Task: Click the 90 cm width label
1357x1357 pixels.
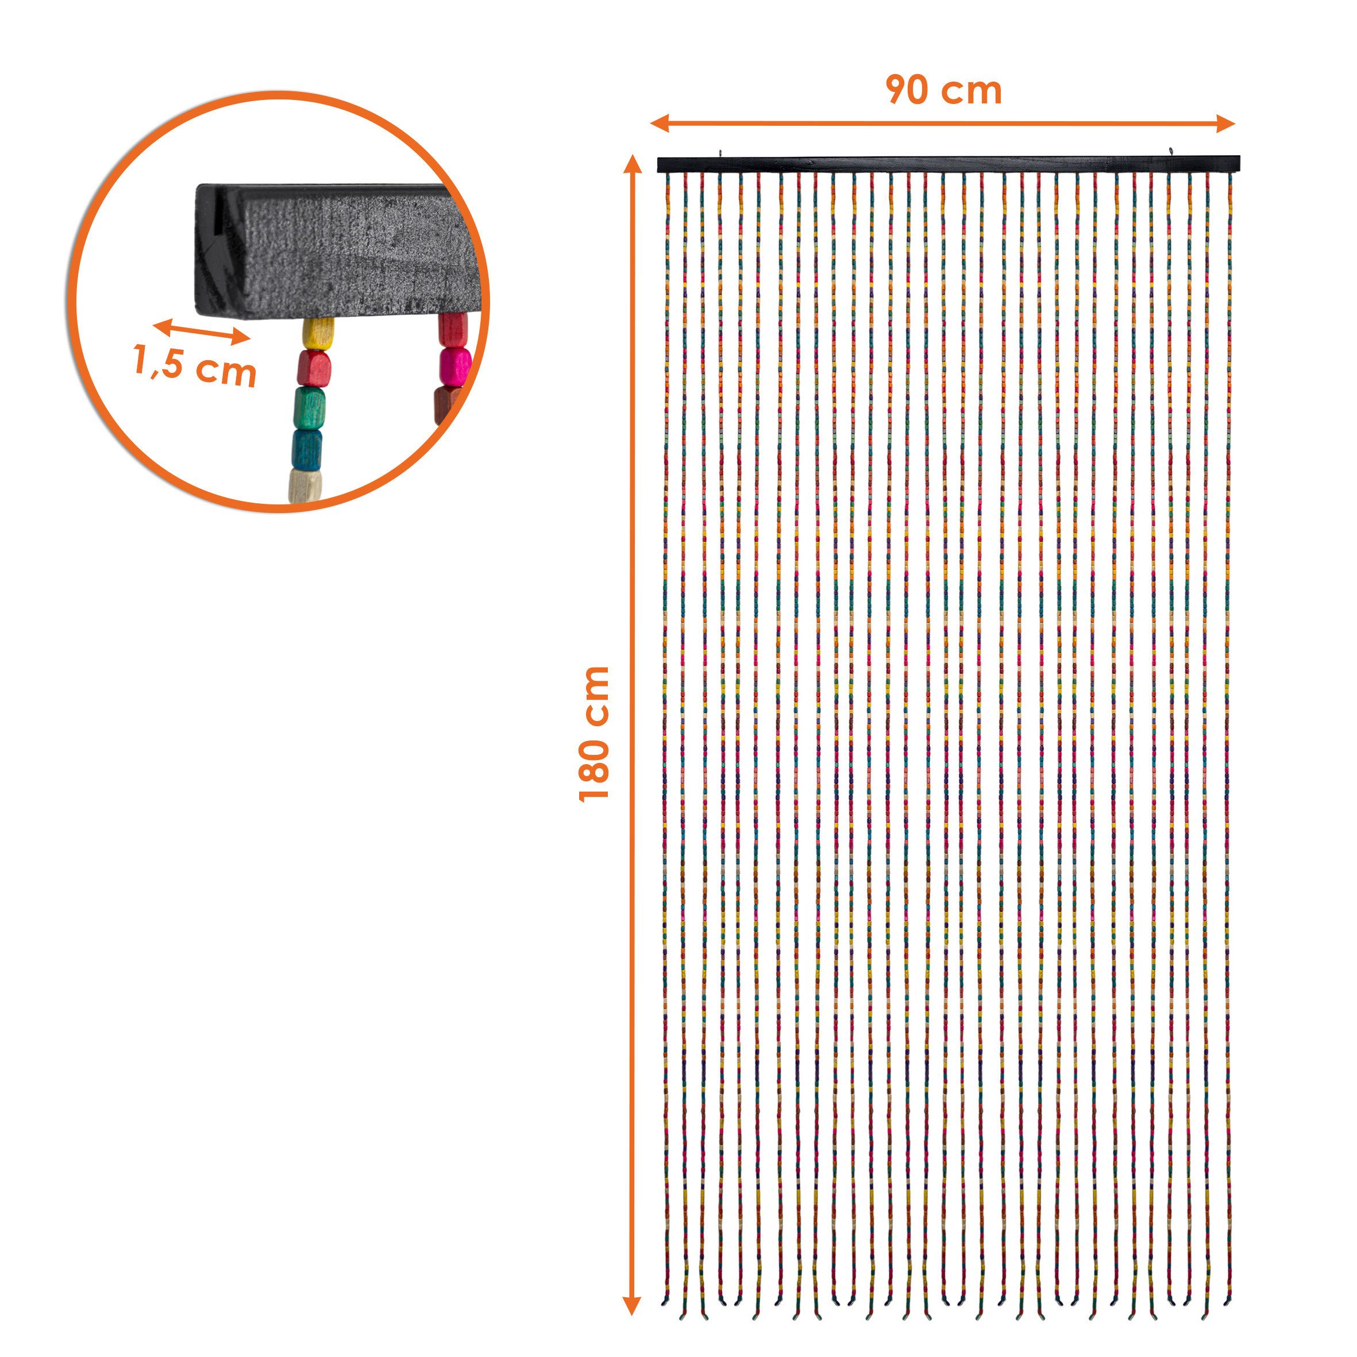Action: pyautogui.click(x=944, y=91)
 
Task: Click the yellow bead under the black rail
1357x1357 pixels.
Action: pyautogui.click(x=318, y=332)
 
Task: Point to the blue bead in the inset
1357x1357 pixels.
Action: pyautogui.click(x=307, y=445)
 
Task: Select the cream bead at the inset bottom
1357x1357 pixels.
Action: pyautogui.click(x=305, y=485)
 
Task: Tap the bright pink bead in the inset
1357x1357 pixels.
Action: pyautogui.click(x=455, y=364)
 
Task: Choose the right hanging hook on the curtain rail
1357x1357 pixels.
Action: pyautogui.click(x=1171, y=151)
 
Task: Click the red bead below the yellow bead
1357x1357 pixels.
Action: pyautogui.click(x=313, y=367)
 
